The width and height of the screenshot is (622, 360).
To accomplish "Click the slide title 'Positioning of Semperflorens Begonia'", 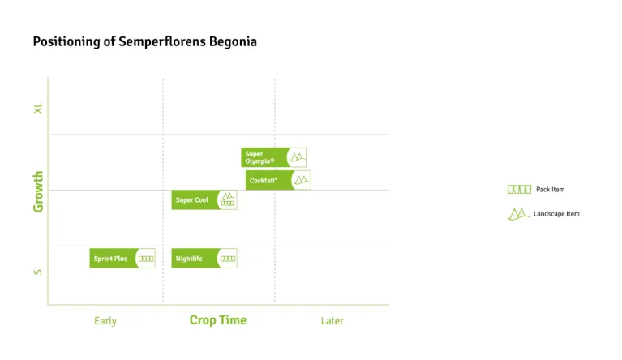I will (144, 41).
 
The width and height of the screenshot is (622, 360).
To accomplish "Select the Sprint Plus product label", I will (111, 259).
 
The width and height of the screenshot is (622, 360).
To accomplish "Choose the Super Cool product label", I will (192, 200).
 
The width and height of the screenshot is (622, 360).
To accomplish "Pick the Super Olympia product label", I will (260, 157).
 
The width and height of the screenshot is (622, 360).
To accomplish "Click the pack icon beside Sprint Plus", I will (146, 259).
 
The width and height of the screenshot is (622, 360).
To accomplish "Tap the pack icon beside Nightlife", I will (228, 259).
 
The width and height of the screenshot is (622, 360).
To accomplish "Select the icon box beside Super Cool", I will (228, 200).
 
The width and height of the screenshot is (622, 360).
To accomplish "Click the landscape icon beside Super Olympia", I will (298, 157).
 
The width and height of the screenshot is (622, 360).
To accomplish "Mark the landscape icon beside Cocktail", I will (302, 180).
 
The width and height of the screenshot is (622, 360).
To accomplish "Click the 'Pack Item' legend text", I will (550, 190).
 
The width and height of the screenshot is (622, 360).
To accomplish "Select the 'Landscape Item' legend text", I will (556, 214).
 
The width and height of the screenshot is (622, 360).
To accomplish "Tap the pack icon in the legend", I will (519, 190).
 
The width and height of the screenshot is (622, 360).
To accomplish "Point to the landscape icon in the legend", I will (518, 214).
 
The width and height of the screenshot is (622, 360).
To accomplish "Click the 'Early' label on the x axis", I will (105, 321).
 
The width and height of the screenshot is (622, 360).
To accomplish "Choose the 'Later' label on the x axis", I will (332, 321).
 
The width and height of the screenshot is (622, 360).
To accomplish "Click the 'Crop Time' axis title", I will (218, 320).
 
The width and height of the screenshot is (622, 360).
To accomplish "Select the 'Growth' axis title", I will (38, 191).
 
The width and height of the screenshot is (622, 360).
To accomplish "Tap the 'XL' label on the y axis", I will (38, 108).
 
